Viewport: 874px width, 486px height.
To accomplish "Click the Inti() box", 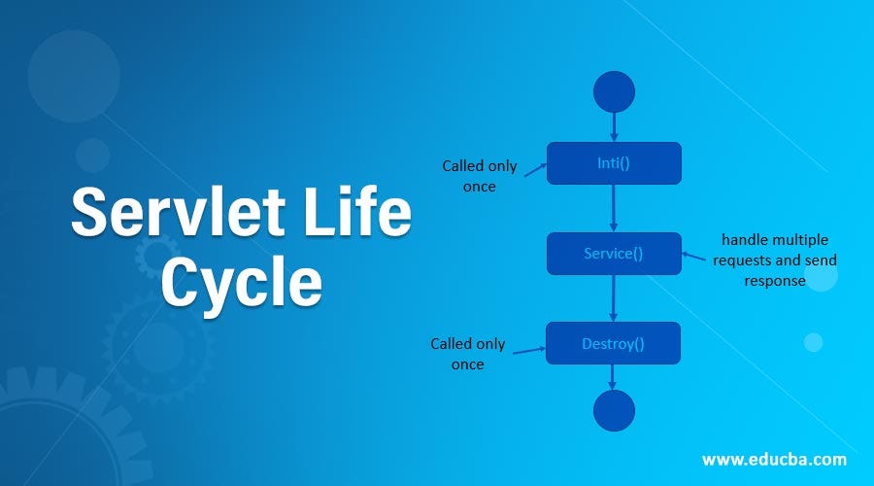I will coord(614,163).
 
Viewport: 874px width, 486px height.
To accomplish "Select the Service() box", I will coord(614,254).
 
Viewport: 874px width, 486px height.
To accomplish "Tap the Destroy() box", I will coord(613,343).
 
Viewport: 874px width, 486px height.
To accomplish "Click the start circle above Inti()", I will coord(614,91).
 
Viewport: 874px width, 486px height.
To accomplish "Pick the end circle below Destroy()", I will coord(614,408).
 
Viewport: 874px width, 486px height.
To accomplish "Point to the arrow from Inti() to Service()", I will coord(614,208).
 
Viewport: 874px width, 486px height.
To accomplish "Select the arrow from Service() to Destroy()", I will coord(614,298).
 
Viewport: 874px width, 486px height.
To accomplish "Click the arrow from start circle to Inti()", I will coord(614,126).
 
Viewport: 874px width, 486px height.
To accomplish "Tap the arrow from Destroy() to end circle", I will coord(614,376).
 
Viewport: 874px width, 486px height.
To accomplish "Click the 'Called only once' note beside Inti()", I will coord(480,176).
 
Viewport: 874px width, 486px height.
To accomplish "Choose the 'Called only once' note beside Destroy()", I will coord(468,354).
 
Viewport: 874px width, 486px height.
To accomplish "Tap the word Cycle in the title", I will coord(241,283).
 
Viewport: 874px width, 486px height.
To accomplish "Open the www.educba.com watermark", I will coord(774,459).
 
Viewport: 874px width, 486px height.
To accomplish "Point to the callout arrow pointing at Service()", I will coord(693,258).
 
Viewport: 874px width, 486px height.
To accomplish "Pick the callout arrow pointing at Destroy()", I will coord(528,349).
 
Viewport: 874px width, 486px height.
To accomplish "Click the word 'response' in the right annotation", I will coord(775,280).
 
